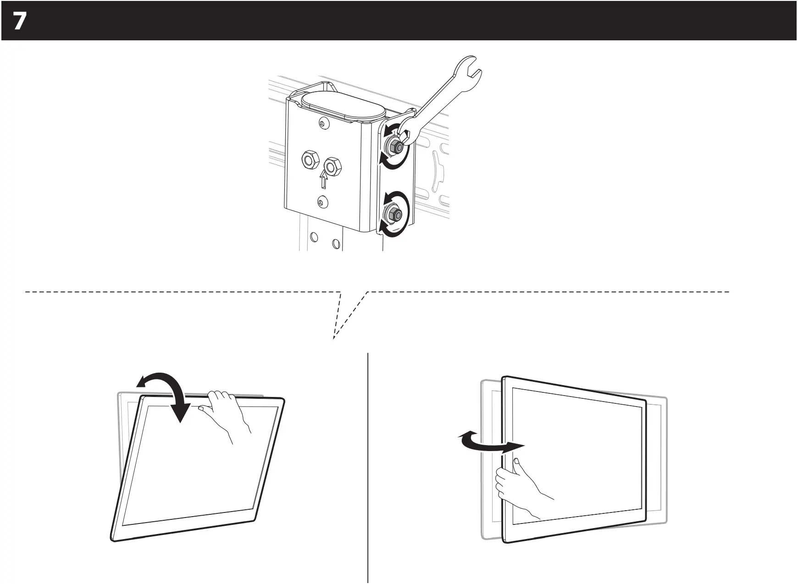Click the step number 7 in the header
click(19, 21)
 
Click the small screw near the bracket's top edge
click(324, 124)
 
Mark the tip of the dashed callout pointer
click(334, 339)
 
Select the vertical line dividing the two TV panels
click(368, 468)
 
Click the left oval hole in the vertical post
click(314, 237)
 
